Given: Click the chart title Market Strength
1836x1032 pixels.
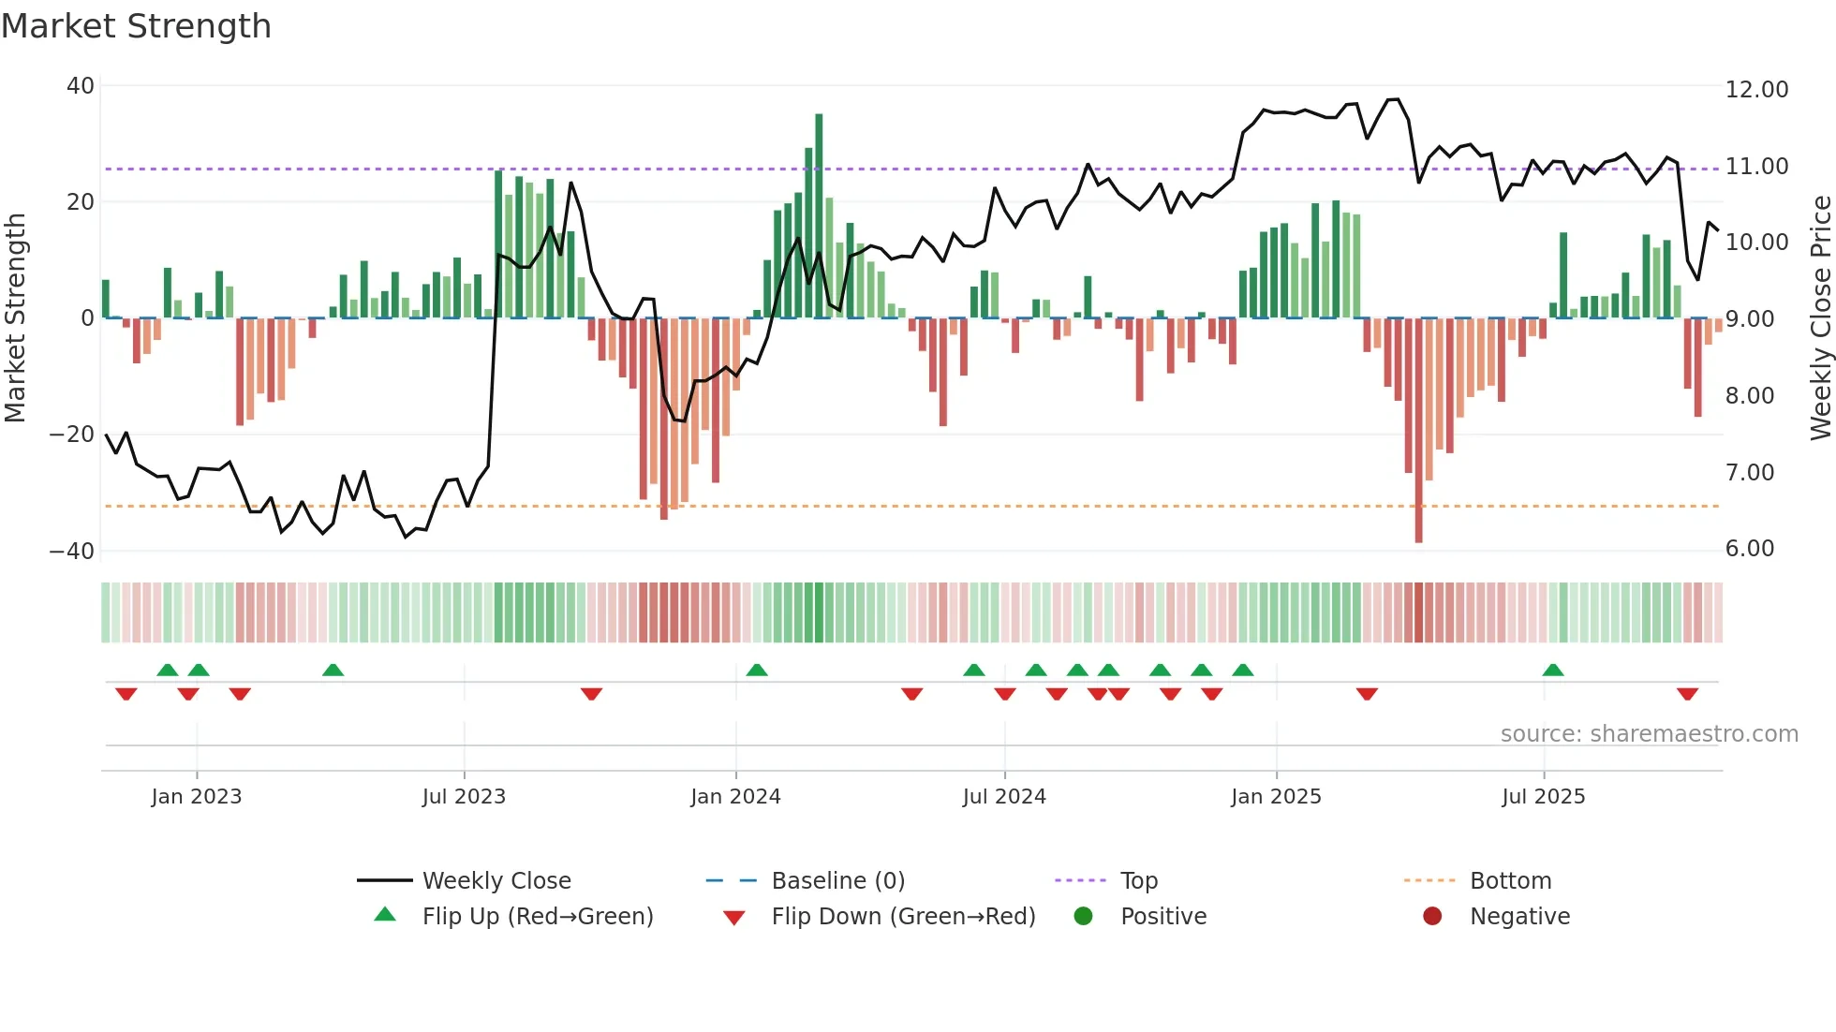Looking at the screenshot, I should click(136, 26).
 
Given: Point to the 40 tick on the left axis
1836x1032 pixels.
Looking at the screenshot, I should click(81, 86).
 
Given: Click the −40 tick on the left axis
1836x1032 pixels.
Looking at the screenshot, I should click(72, 551).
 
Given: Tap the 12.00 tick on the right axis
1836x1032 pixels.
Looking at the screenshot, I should click(1756, 90).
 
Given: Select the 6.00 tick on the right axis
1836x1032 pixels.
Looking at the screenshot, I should click(1750, 549).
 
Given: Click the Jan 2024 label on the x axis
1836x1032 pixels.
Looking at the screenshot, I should click(735, 797).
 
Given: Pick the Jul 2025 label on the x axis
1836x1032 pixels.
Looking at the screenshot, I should click(1543, 797).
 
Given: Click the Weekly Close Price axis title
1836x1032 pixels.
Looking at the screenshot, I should click(1820, 318).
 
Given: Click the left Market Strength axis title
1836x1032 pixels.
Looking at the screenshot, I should click(16, 318).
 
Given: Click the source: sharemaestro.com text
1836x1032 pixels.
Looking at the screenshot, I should click(1649, 734).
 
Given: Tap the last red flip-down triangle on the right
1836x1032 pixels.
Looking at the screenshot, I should click(1687, 694).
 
